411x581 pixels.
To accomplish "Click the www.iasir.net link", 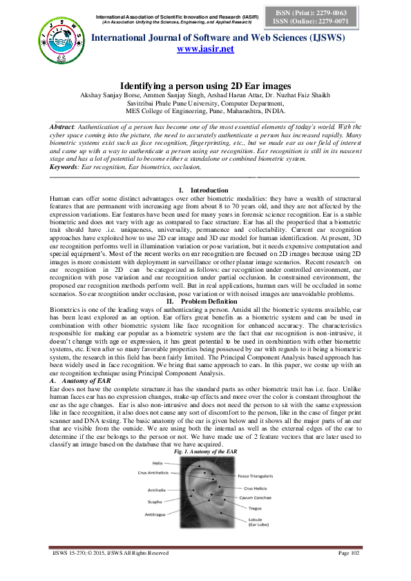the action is point(205,49).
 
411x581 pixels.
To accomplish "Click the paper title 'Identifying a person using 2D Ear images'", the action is point(205,85).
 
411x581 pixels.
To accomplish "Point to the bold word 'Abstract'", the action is point(64,128).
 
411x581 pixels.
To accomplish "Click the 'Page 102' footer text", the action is point(350,572).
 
